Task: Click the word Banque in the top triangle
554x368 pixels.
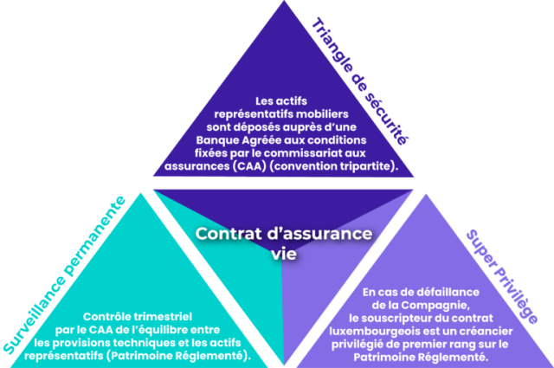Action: [219, 139]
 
